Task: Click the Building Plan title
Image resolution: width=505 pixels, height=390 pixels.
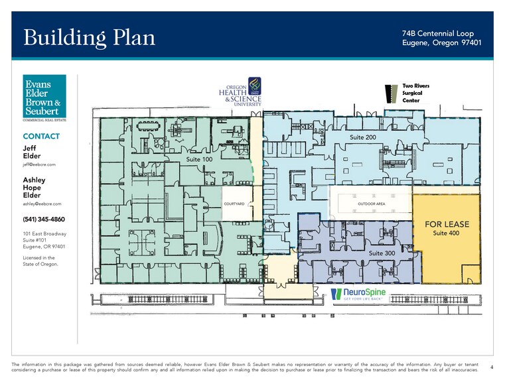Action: pos(90,37)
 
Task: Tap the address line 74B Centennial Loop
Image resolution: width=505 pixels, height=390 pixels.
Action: pos(438,33)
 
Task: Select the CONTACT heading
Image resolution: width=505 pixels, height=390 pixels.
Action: pos(41,136)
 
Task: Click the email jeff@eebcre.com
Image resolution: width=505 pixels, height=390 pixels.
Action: pos(39,164)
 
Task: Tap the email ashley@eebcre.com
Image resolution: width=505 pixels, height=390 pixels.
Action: pos(42,204)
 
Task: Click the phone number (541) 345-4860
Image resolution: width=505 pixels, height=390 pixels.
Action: pos(44,220)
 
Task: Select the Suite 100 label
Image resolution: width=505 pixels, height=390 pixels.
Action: pos(200,160)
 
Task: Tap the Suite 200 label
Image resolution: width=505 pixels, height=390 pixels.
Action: pos(363,137)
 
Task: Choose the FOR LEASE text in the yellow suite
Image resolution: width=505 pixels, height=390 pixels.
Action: pos(447,224)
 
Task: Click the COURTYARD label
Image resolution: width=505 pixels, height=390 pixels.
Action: pos(235,204)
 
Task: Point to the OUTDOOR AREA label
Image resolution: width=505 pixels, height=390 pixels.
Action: pos(372,204)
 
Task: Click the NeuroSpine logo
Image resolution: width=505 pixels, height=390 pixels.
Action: pos(358,294)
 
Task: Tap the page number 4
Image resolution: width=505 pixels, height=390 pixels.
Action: pos(491,367)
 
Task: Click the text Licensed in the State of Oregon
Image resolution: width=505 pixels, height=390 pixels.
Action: pos(40,261)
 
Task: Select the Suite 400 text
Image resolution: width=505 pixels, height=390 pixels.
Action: pos(447,233)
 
